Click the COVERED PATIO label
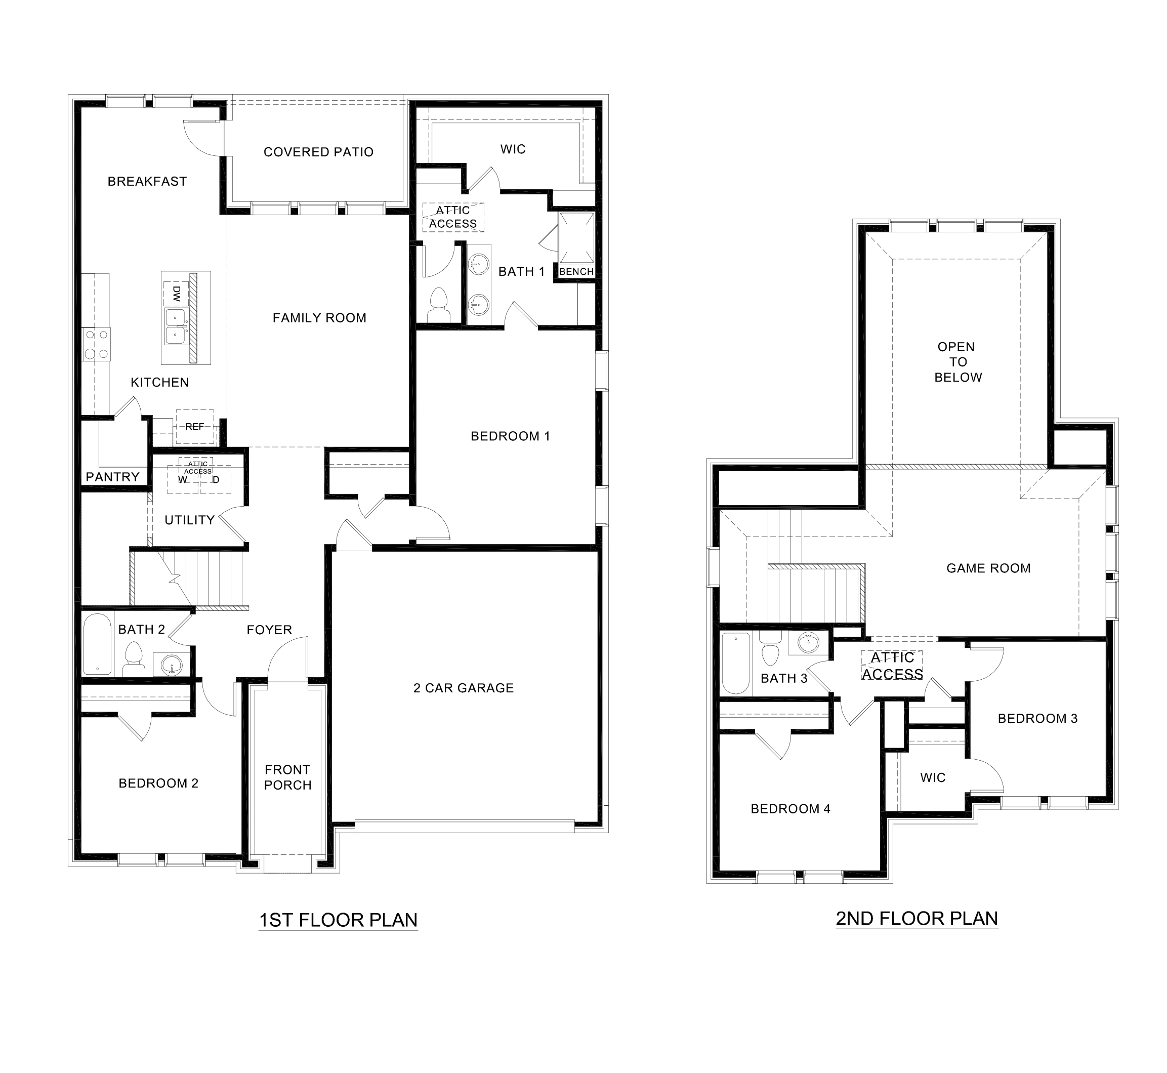[x=318, y=152]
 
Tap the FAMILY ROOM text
[x=319, y=318]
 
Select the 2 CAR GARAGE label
[x=464, y=688]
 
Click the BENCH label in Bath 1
[x=576, y=272]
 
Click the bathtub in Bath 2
[x=97, y=644]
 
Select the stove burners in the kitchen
[x=96, y=343]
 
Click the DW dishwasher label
[x=177, y=293]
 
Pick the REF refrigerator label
[x=194, y=427]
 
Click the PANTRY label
[x=113, y=477]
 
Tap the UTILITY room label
[x=190, y=520]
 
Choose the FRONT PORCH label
[x=288, y=777]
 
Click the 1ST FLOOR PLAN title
[x=338, y=920]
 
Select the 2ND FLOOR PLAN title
[x=917, y=919]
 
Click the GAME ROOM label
[x=988, y=568]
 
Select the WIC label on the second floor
[x=933, y=777]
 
